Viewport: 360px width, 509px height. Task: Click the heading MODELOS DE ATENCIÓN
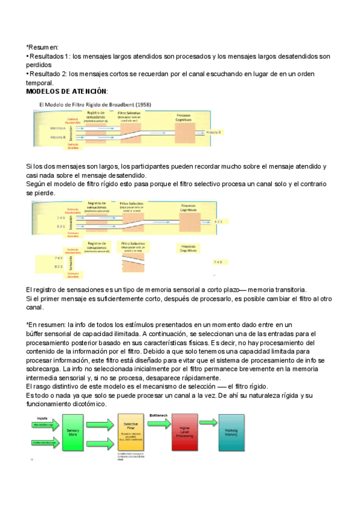(x=67, y=91)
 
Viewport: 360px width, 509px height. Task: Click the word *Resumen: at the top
(x=43, y=47)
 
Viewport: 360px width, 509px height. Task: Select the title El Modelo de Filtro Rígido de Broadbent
(x=95, y=104)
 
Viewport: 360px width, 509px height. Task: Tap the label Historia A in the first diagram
(x=58, y=128)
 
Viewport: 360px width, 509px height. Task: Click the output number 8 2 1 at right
(x=219, y=221)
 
